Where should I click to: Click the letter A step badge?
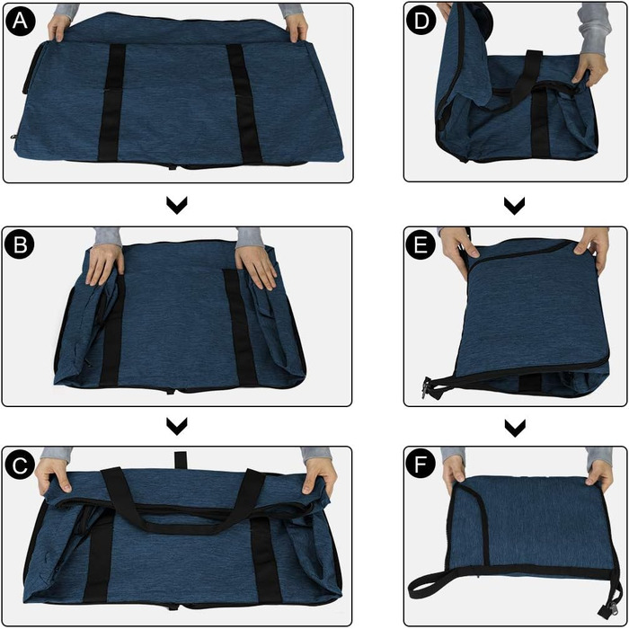point(21,21)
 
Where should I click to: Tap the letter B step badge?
point(20,244)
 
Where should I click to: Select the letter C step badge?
point(20,465)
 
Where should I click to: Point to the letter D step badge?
point(421,21)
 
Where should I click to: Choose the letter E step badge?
point(421,244)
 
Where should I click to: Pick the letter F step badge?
point(421,465)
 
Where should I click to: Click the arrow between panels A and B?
point(177,205)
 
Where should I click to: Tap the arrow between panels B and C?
point(177,426)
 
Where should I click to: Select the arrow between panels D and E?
point(515,205)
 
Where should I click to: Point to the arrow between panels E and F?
point(515,428)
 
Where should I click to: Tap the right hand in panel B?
point(256,266)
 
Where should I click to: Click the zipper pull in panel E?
point(427,387)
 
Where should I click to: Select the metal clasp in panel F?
point(606,609)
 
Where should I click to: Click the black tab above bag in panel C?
point(181,460)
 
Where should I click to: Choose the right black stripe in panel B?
point(239,327)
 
